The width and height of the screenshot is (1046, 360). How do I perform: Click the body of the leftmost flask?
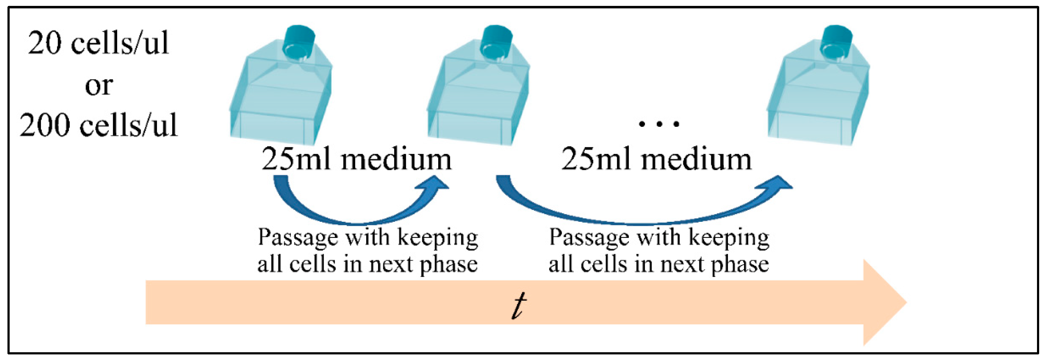tap(280, 102)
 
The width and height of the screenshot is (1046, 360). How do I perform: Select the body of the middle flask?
tap(477, 102)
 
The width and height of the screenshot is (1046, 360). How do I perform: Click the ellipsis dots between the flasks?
tap(658, 123)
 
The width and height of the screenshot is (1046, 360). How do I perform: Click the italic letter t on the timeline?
tap(519, 305)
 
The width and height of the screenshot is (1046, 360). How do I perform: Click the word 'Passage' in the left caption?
tap(298, 237)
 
